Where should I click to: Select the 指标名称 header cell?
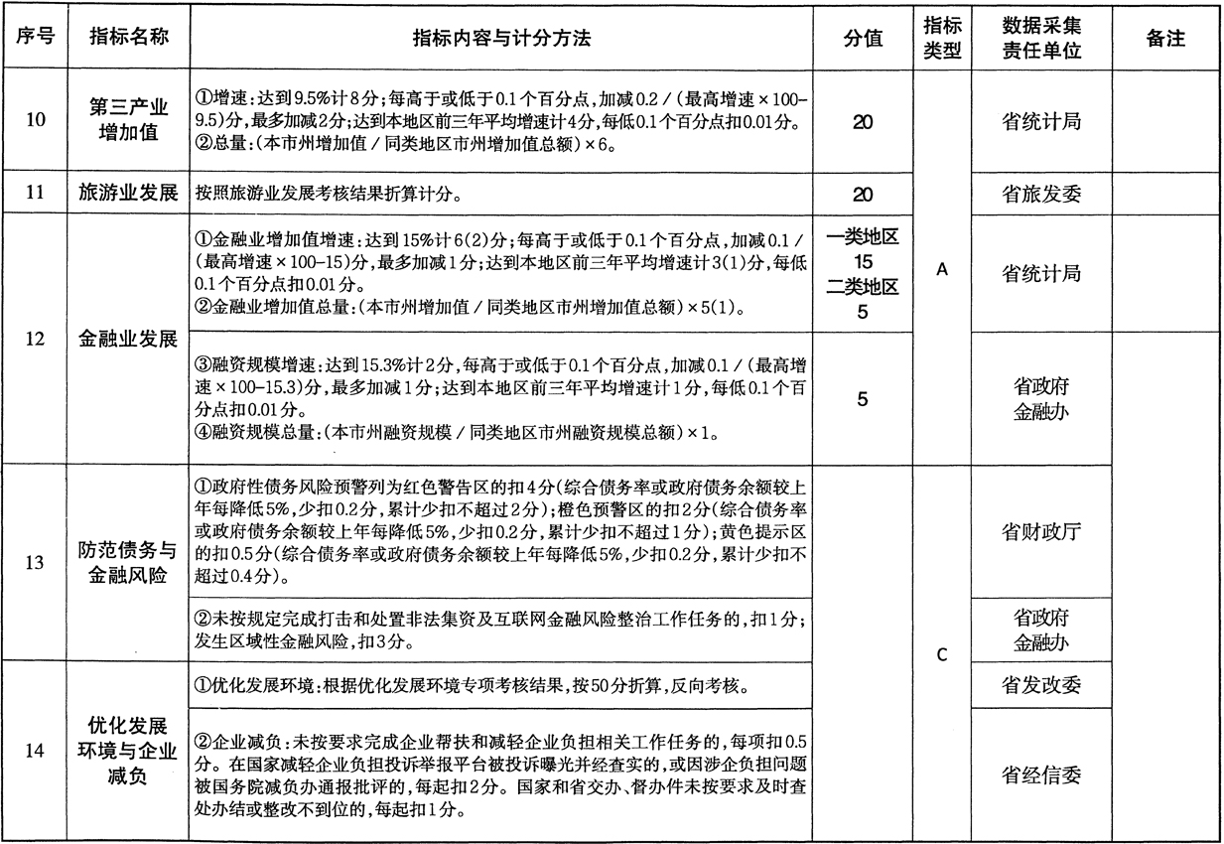click(x=129, y=38)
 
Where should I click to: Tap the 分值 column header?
click(x=863, y=38)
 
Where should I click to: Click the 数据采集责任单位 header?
click(x=1040, y=38)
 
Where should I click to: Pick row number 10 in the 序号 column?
click(x=34, y=121)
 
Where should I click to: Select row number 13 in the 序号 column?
click(x=34, y=563)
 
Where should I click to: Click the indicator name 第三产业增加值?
click(x=129, y=121)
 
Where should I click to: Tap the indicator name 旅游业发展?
click(x=129, y=194)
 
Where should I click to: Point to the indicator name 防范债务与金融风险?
click(x=129, y=563)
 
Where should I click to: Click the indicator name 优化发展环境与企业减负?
click(x=129, y=751)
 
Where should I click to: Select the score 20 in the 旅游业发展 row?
click(x=863, y=194)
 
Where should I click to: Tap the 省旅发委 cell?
click(x=1040, y=194)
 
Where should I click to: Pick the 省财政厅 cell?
click(x=1040, y=531)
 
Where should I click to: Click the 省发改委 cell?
click(x=1040, y=684)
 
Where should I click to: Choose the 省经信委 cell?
click(x=1040, y=774)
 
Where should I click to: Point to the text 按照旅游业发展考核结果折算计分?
click(x=328, y=195)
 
